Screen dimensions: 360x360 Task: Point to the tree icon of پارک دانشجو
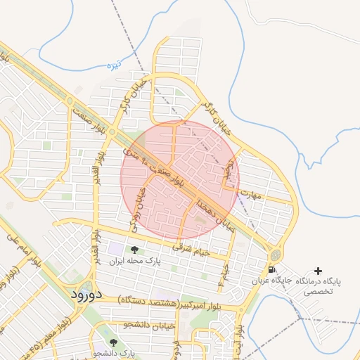112,342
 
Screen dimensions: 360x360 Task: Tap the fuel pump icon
272,269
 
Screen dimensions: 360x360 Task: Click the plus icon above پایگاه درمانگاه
318,271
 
